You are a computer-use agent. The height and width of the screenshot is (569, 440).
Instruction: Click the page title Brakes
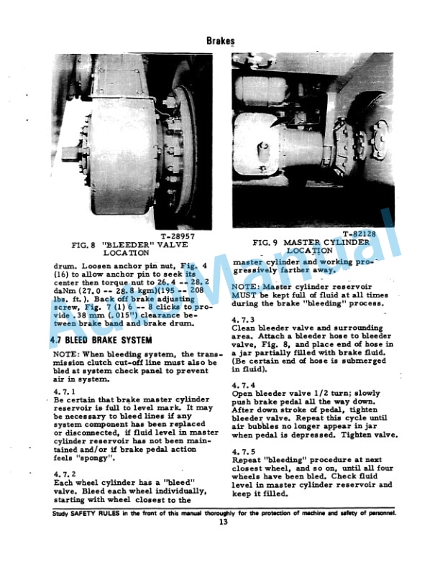(x=219, y=41)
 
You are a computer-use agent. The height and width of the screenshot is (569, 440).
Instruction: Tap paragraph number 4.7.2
(x=65, y=473)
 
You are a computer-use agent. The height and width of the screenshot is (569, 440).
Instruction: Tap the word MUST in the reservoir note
(x=246, y=295)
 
